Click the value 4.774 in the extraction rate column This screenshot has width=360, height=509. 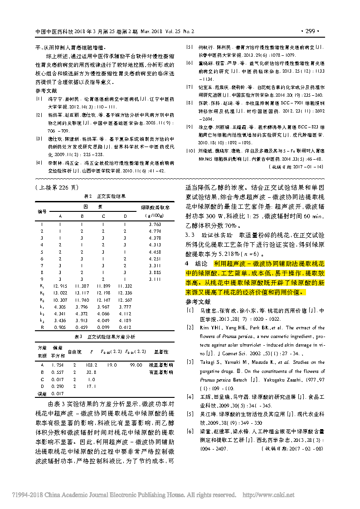[x=155, y=231]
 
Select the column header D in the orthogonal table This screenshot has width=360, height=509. [x=125, y=216]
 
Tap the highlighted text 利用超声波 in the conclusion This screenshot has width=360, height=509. [x=224, y=263]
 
